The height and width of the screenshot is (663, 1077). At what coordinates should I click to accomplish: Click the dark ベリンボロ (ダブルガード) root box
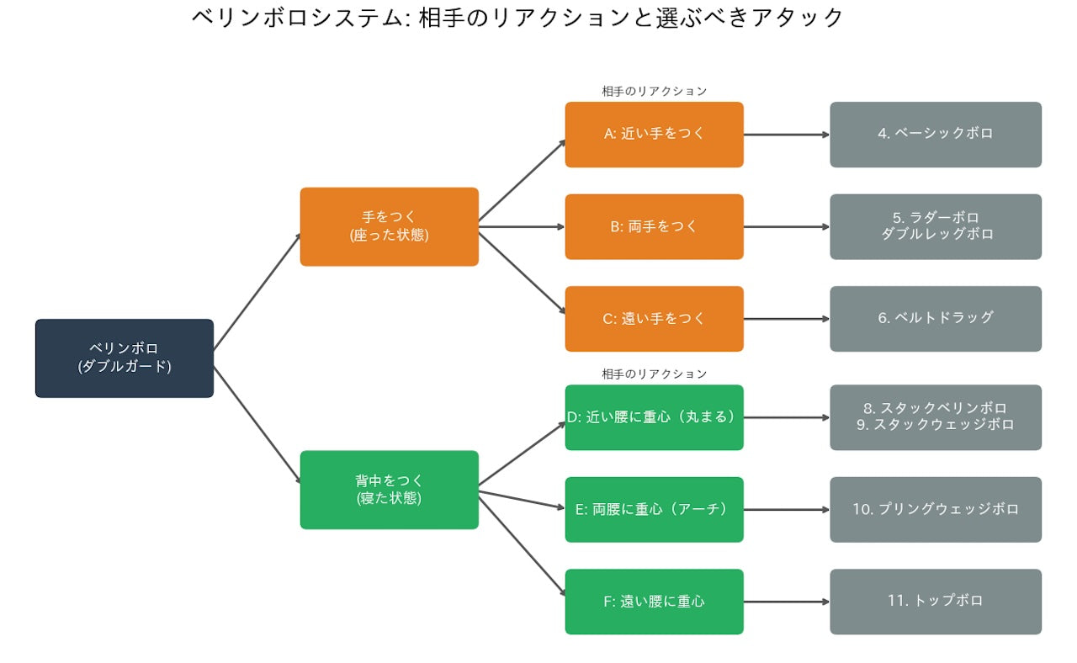(x=125, y=358)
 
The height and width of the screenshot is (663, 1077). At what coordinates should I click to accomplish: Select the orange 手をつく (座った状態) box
(x=389, y=226)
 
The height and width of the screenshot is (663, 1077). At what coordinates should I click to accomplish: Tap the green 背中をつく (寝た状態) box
(x=389, y=490)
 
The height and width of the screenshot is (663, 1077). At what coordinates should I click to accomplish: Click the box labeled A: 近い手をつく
(x=654, y=135)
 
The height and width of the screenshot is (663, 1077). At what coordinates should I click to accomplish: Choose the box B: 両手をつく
(x=654, y=226)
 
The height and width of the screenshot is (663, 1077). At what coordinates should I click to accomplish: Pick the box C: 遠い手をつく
(x=654, y=319)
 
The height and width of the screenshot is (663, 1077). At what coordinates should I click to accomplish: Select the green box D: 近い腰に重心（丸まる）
(x=654, y=417)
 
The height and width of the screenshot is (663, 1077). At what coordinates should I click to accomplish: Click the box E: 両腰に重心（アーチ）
(x=654, y=509)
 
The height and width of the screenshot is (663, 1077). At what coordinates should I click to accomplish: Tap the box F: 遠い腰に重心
(x=654, y=602)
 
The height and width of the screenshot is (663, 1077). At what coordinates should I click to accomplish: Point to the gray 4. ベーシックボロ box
(x=936, y=135)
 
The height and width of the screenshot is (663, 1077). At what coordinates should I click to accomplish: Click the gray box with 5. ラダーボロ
(x=936, y=226)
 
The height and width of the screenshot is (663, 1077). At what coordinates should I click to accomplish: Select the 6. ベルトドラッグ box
(x=936, y=319)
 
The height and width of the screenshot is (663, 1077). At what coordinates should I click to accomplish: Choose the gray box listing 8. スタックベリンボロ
(x=936, y=417)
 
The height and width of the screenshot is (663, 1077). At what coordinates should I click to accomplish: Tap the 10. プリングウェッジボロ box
(x=936, y=509)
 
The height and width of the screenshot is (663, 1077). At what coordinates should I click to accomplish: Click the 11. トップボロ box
(x=936, y=602)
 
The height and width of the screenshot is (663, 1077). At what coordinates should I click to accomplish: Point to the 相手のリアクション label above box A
(x=654, y=91)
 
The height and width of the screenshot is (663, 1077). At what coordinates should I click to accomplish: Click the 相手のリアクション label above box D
(x=654, y=374)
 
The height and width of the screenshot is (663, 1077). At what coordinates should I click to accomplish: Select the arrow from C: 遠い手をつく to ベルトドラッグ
(x=787, y=319)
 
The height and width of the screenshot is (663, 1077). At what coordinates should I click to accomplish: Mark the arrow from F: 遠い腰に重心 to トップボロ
(x=787, y=602)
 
